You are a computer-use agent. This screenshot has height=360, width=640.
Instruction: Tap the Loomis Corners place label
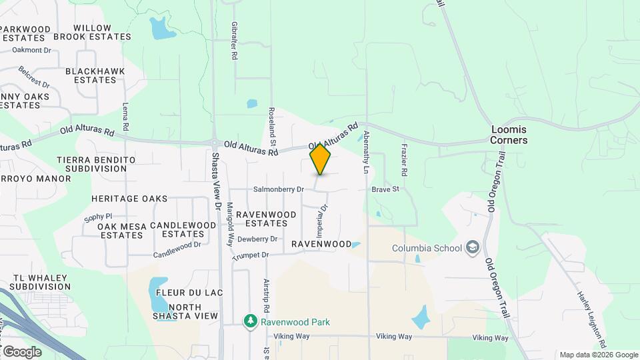click(x=509, y=135)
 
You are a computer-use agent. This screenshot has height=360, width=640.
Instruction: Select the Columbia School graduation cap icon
click(x=473, y=248)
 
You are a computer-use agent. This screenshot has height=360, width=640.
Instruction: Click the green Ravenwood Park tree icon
click(x=251, y=322)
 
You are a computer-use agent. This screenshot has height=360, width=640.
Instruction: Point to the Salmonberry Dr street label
click(x=279, y=189)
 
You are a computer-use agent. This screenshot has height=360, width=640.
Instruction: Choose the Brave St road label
click(x=385, y=189)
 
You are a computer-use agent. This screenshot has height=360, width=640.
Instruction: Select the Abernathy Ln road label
click(x=366, y=152)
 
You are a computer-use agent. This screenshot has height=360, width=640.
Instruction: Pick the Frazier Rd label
click(x=404, y=159)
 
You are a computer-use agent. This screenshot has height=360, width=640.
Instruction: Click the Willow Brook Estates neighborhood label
click(x=92, y=33)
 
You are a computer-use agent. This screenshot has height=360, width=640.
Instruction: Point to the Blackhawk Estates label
click(x=91, y=75)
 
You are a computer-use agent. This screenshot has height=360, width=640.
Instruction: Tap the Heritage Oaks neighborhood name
click(x=129, y=199)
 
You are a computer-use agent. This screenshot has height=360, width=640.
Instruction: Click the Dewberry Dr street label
click(x=257, y=239)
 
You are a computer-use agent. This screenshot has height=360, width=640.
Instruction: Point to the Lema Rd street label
click(x=125, y=116)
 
